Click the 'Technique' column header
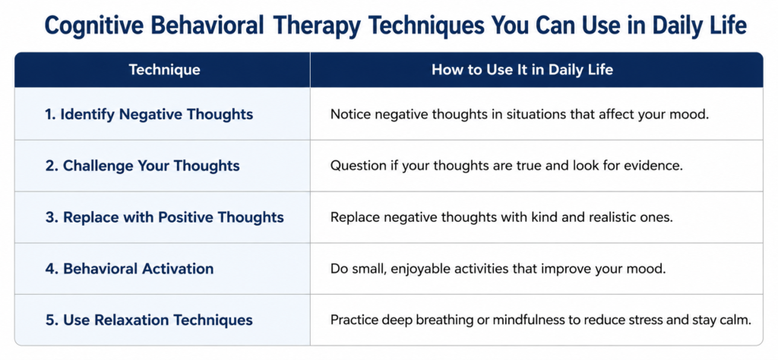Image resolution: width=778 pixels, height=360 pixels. (164, 70)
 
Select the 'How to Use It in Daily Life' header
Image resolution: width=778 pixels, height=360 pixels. (522, 70)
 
